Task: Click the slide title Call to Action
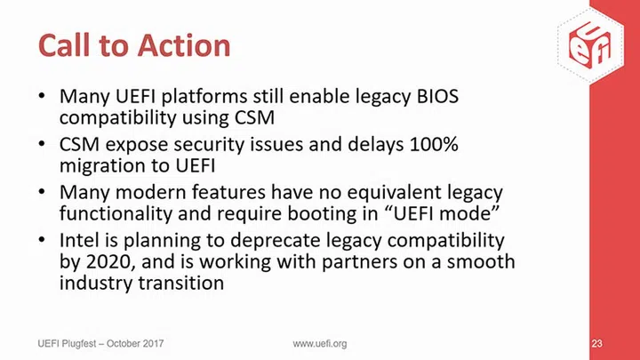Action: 133,44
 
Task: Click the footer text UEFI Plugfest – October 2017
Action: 100,343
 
